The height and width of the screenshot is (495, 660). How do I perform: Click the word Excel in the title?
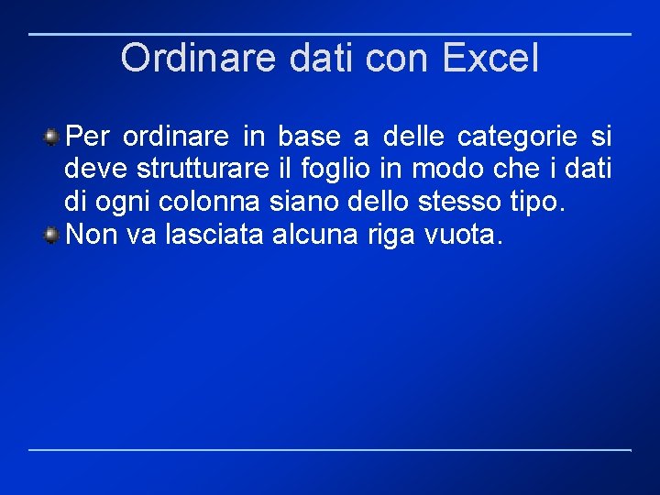point(490,58)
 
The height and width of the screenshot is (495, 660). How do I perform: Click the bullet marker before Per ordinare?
point(53,137)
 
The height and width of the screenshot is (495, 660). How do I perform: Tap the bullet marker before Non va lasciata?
point(53,235)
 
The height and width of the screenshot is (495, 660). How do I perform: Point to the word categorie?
point(517,137)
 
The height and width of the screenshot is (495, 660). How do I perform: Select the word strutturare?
point(196,170)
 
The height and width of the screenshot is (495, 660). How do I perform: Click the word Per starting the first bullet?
point(89,137)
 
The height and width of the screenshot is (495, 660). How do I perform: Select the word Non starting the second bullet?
point(93,235)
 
